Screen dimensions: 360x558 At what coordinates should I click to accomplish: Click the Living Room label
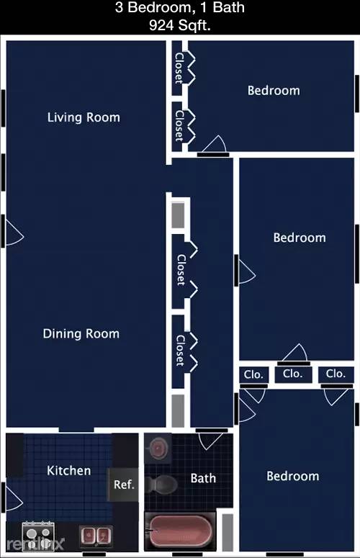pos(84,117)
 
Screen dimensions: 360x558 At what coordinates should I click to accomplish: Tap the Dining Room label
pos(81,334)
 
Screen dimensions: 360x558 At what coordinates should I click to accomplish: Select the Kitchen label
pos(69,471)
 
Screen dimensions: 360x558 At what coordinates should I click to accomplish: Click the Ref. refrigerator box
pos(123,485)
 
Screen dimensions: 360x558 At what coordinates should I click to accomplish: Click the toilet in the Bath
pos(161,484)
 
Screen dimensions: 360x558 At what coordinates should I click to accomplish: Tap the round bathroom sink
pos(158,447)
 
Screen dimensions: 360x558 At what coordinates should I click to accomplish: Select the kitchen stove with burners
pos(38,536)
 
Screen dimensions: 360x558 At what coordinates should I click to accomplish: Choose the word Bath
pos(203,478)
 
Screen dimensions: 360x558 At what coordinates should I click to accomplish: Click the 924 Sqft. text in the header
pos(180,25)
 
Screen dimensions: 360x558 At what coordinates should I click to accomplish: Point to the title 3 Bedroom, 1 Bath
pos(180,7)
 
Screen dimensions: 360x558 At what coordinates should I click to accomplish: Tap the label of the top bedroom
pos(274,91)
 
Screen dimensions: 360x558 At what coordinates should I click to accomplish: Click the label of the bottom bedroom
pos(293,476)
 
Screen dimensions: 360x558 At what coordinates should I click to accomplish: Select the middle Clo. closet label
pos(293,374)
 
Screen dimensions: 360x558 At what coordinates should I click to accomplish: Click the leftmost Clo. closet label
pos(253,374)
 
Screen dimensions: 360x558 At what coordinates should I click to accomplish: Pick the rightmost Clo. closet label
pos(336,374)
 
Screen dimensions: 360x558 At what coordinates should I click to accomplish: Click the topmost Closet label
pos(179,68)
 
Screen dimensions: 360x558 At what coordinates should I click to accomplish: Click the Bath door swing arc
pos(210,441)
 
